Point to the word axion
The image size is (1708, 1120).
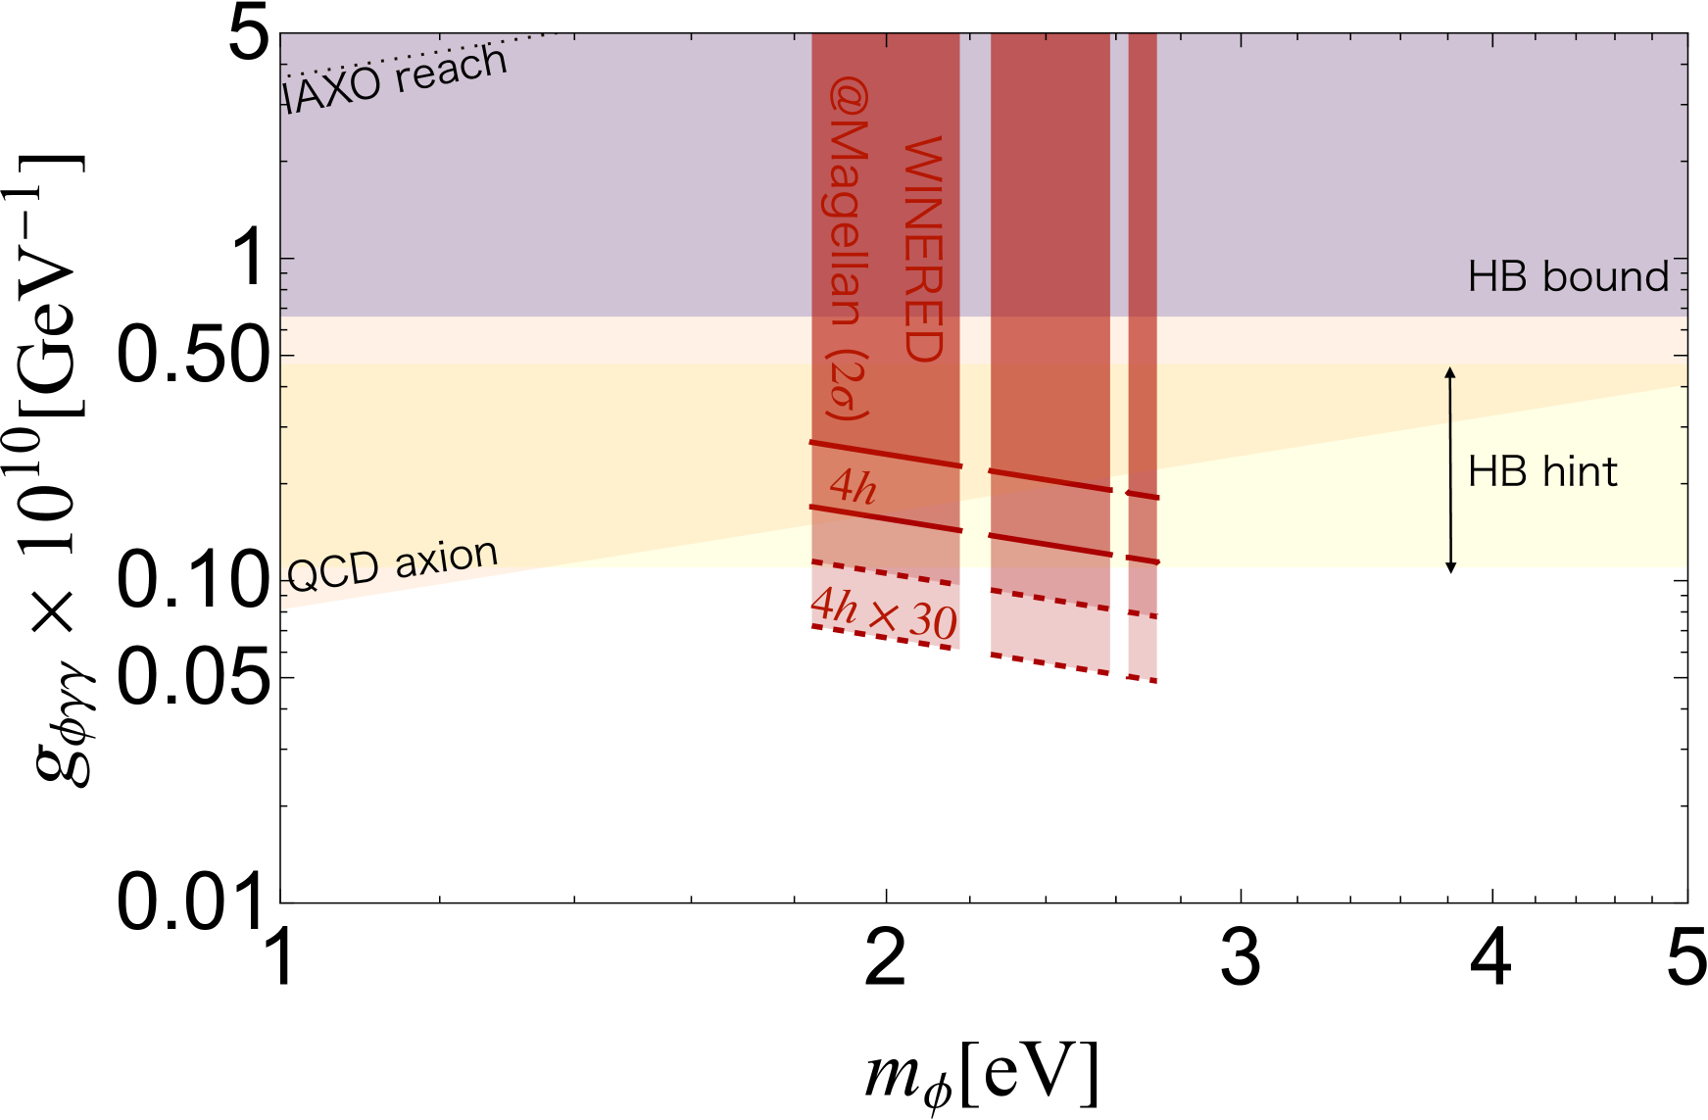click(x=447, y=558)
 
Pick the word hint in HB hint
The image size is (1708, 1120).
click(x=1580, y=472)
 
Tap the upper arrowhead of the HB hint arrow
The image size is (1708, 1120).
click(x=1450, y=371)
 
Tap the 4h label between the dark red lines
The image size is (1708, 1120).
click(x=853, y=486)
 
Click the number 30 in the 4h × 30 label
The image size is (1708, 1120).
click(x=932, y=621)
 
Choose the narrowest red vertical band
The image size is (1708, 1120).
click(x=1143, y=245)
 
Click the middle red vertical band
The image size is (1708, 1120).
click(x=1050, y=245)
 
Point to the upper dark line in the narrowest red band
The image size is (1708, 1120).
click(x=1143, y=495)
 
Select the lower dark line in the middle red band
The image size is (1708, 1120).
click(x=1050, y=545)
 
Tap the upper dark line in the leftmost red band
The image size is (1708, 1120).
click(x=886, y=455)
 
